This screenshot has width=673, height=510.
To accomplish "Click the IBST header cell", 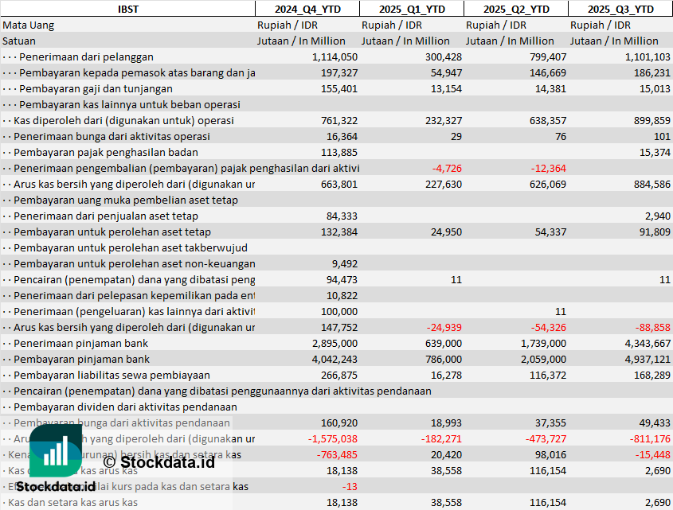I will (x=127, y=9).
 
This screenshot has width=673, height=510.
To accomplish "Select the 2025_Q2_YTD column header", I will (x=516, y=9).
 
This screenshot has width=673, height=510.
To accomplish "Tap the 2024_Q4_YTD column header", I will (x=307, y=9).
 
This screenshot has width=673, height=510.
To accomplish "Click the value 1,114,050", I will (x=335, y=56).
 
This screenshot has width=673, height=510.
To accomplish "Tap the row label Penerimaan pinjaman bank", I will (x=81, y=343).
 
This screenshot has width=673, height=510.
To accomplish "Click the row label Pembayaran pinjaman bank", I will (x=81, y=359).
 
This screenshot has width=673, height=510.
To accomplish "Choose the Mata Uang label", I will (x=29, y=25).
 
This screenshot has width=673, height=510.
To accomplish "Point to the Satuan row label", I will (x=19, y=41).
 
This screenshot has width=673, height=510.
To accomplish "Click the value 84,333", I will (x=340, y=216).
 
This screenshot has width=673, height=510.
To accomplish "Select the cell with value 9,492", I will (x=343, y=263).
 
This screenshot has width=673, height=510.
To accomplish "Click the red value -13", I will (x=349, y=486).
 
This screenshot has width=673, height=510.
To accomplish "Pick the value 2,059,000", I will (x=538, y=359).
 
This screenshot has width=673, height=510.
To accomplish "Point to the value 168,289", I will (x=650, y=375).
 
